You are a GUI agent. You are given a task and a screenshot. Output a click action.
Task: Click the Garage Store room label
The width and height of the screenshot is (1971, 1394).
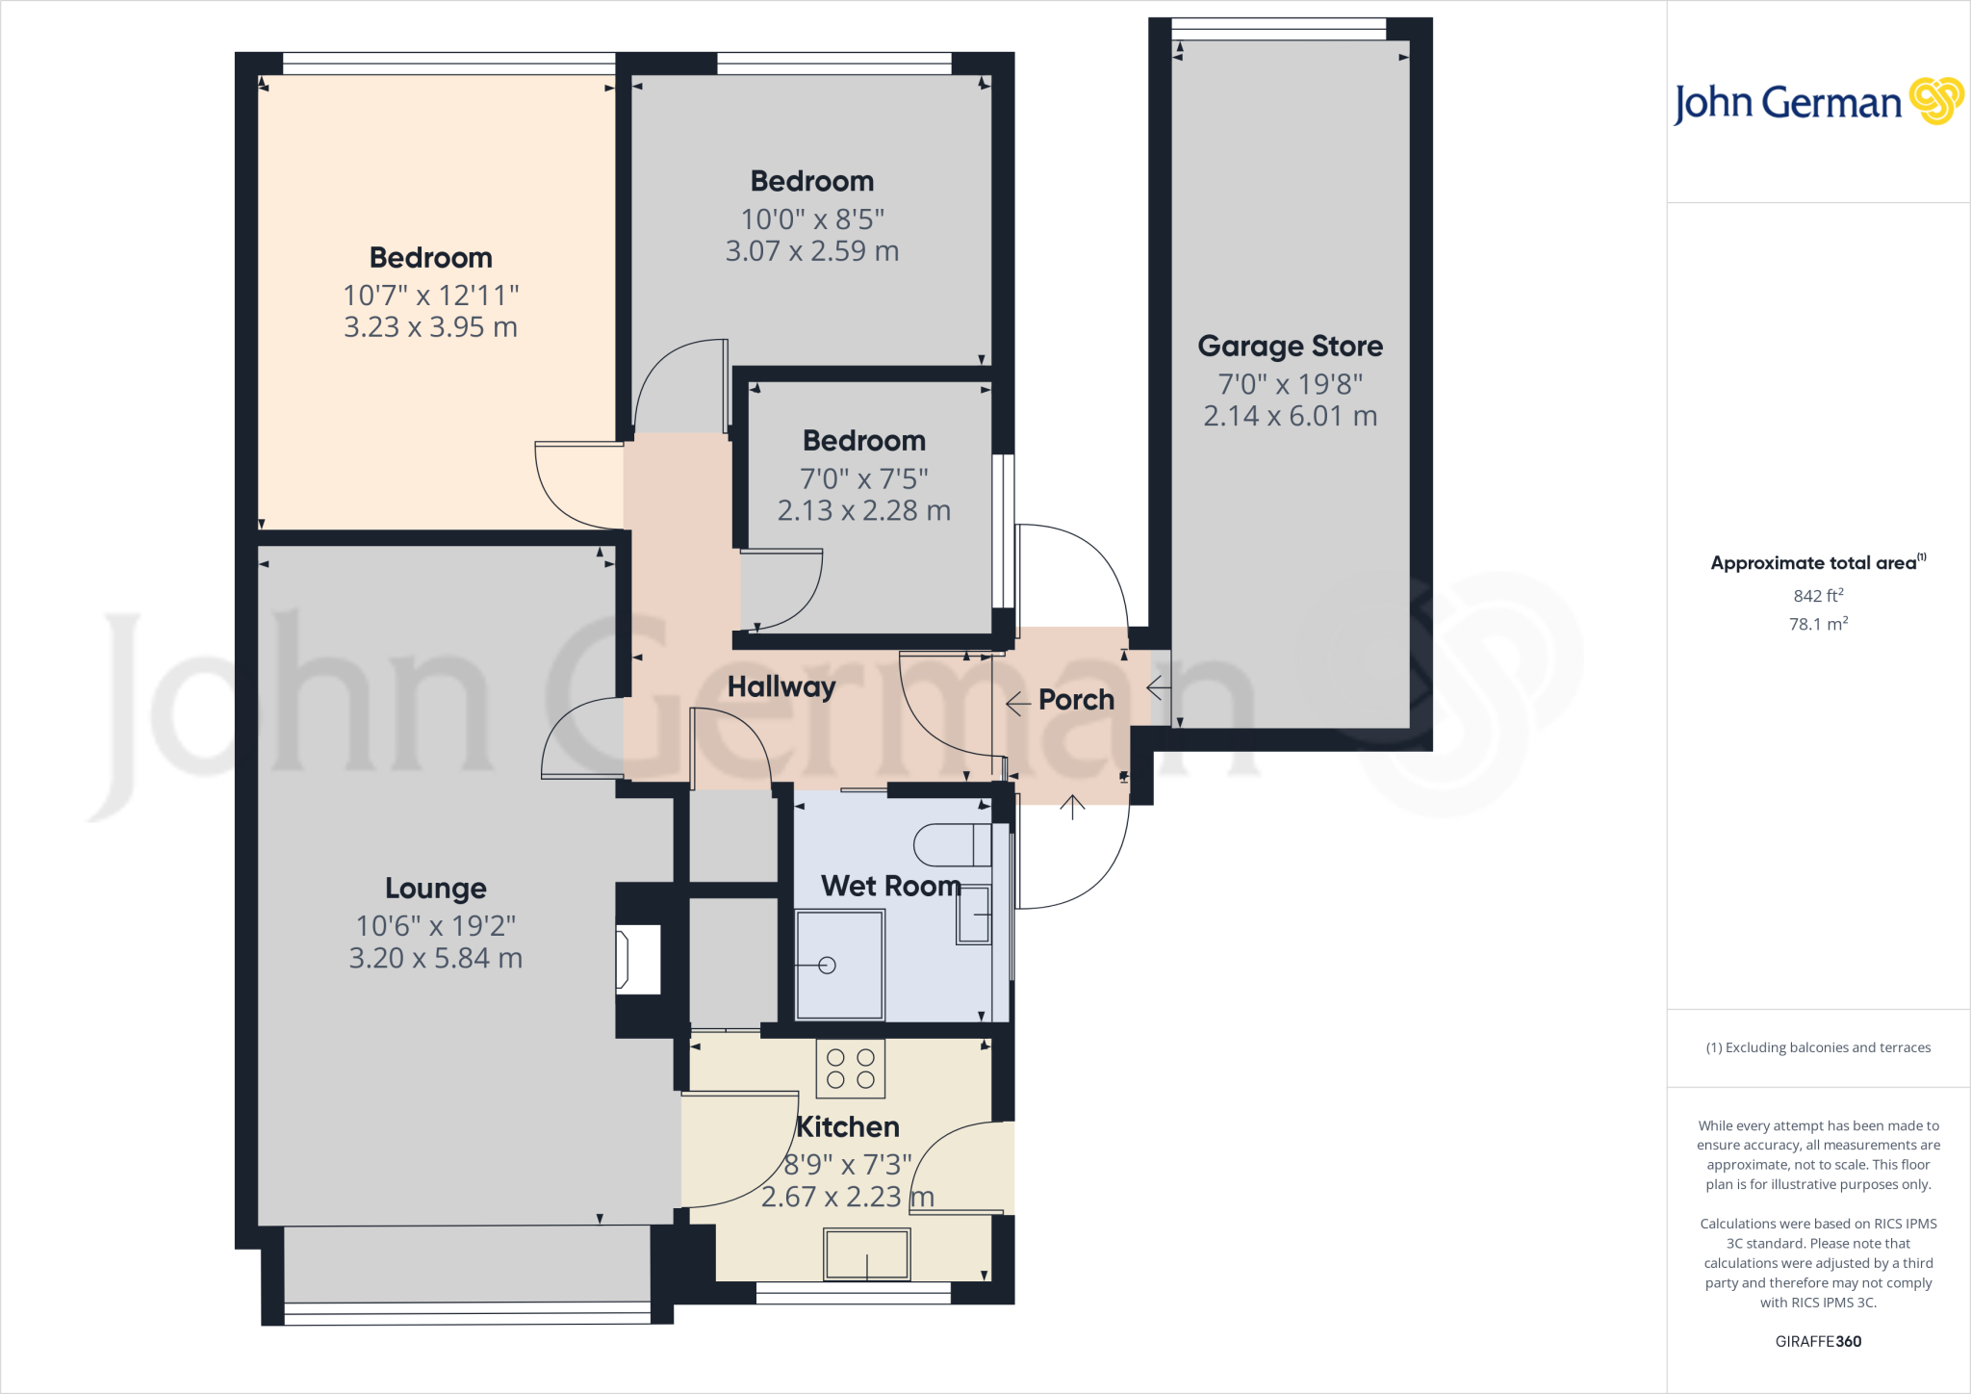pos(1290,346)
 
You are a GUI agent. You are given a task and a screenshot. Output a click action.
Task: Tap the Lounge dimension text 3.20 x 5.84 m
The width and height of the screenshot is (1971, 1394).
pos(435,958)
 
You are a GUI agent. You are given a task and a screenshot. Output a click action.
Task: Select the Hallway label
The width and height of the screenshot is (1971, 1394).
pos(781,686)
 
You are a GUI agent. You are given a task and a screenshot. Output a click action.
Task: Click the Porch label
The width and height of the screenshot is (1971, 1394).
pos(1076,700)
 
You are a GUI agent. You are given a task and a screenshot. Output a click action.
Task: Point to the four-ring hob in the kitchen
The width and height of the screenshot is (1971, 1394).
pos(850,1069)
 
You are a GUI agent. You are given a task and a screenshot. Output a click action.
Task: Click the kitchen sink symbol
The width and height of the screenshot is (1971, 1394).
pos(866,1254)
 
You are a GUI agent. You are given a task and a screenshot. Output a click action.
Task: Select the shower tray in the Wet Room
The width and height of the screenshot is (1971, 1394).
pos(839,965)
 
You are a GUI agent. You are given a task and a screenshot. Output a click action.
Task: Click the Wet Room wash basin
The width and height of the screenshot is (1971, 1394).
pos(974,915)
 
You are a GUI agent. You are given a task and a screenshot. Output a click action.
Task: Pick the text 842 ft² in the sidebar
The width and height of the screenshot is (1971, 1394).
pos(1818,596)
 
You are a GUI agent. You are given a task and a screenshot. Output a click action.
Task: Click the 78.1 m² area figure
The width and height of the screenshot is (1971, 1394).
pos(1818,624)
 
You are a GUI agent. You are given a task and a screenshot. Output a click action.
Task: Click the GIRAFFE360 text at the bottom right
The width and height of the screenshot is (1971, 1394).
pos(1818,1341)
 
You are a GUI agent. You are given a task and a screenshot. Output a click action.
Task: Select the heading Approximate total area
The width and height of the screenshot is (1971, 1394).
pos(1813,563)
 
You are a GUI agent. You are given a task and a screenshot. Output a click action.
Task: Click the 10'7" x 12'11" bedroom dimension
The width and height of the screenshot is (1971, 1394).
pos(430,296)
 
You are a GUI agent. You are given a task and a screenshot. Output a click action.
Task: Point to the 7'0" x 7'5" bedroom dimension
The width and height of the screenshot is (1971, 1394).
pos(863,478)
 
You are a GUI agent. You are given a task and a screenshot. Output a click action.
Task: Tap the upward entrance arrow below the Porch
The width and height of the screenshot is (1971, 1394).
pos(1072,807)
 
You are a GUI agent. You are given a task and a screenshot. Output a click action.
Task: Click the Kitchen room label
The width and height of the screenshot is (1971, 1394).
pos(848,1126)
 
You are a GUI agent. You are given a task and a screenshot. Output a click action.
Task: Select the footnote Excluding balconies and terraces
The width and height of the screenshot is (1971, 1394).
pos(1818,1047)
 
